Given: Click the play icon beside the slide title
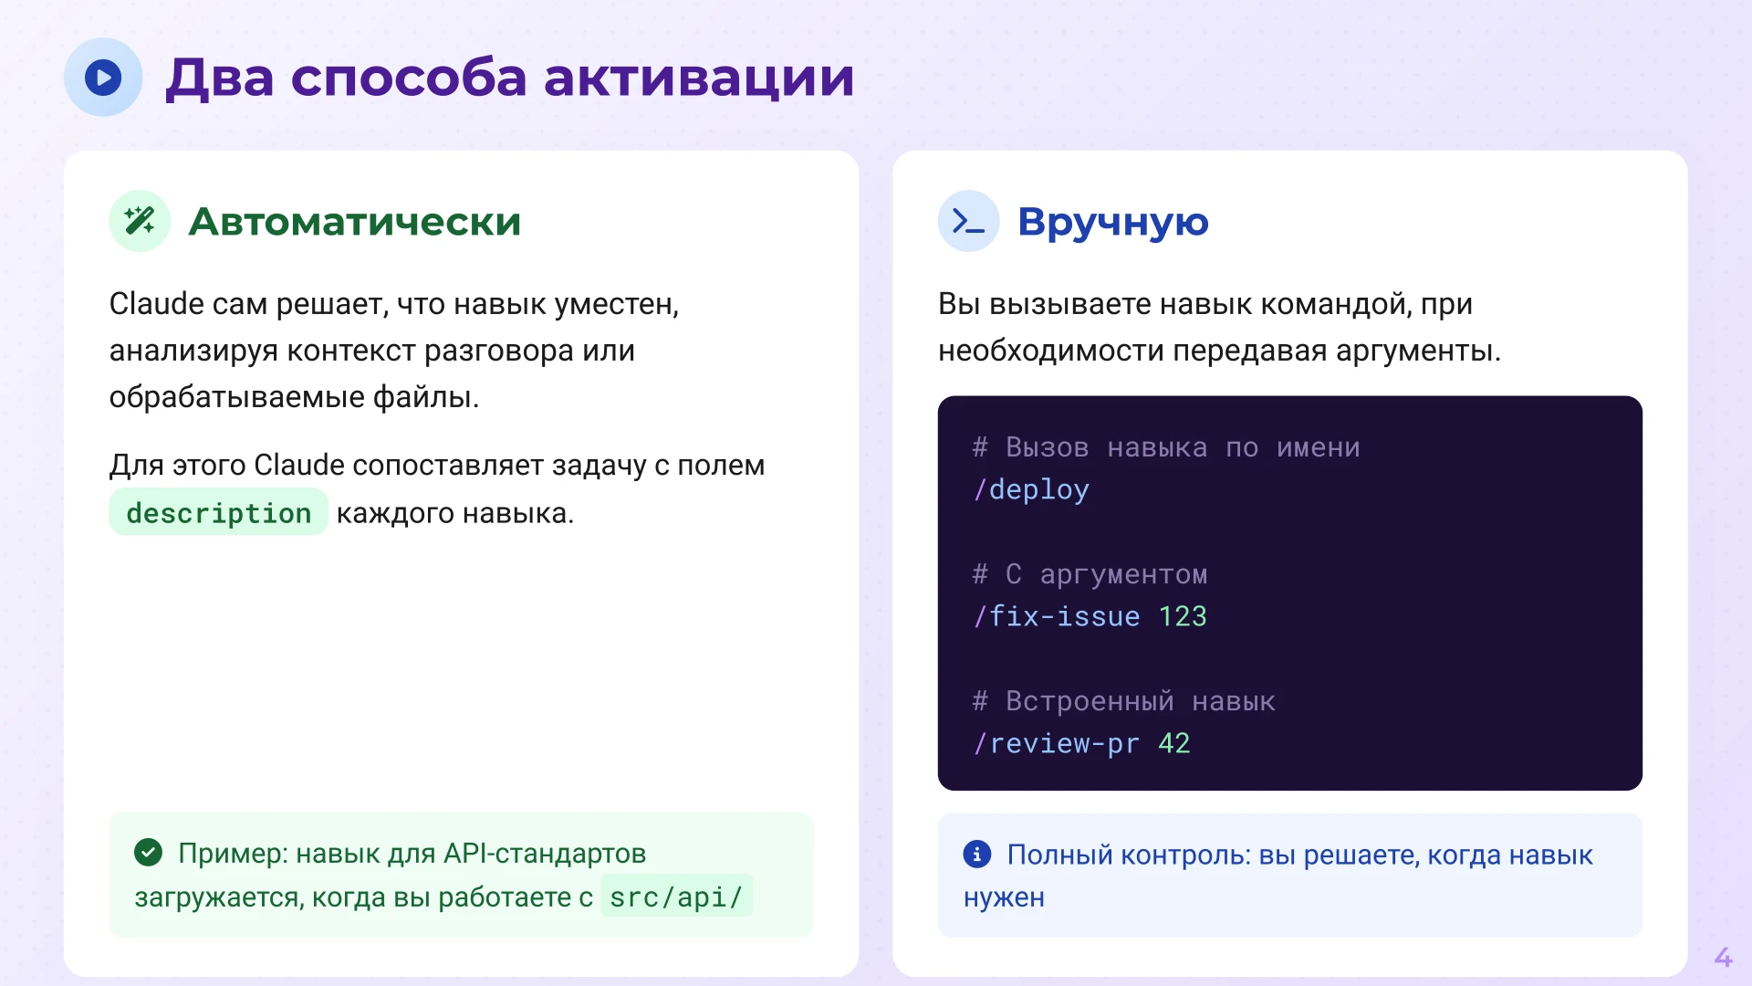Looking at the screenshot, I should click(103, 78).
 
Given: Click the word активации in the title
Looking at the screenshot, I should click(699, 78).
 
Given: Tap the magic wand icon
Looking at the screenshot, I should click(140, 221).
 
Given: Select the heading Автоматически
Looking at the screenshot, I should click(354, 222).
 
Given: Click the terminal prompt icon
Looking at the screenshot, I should click(968, 221).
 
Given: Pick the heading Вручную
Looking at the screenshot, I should click(1112, 222).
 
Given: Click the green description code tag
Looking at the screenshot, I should click(218, 513).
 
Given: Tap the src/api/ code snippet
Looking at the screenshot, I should click(676, 897).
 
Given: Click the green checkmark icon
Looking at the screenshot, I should click(148, 853).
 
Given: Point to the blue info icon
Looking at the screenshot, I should click(976, 855).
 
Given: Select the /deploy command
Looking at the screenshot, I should click(1031, 490).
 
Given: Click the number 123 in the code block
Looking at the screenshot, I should click(1183, 617).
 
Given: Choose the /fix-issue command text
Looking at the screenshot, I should click(1057, 617).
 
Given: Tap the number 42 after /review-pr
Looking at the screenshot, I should click(1174, 744).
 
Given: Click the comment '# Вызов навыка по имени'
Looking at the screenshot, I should click(1165, 447).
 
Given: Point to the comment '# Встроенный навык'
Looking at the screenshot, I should click(1123, 701).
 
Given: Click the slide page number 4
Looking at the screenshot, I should click(1723, 957).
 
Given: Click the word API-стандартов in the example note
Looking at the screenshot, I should click(545, 854).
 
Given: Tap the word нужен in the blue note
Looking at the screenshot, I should click(1004, 898).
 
